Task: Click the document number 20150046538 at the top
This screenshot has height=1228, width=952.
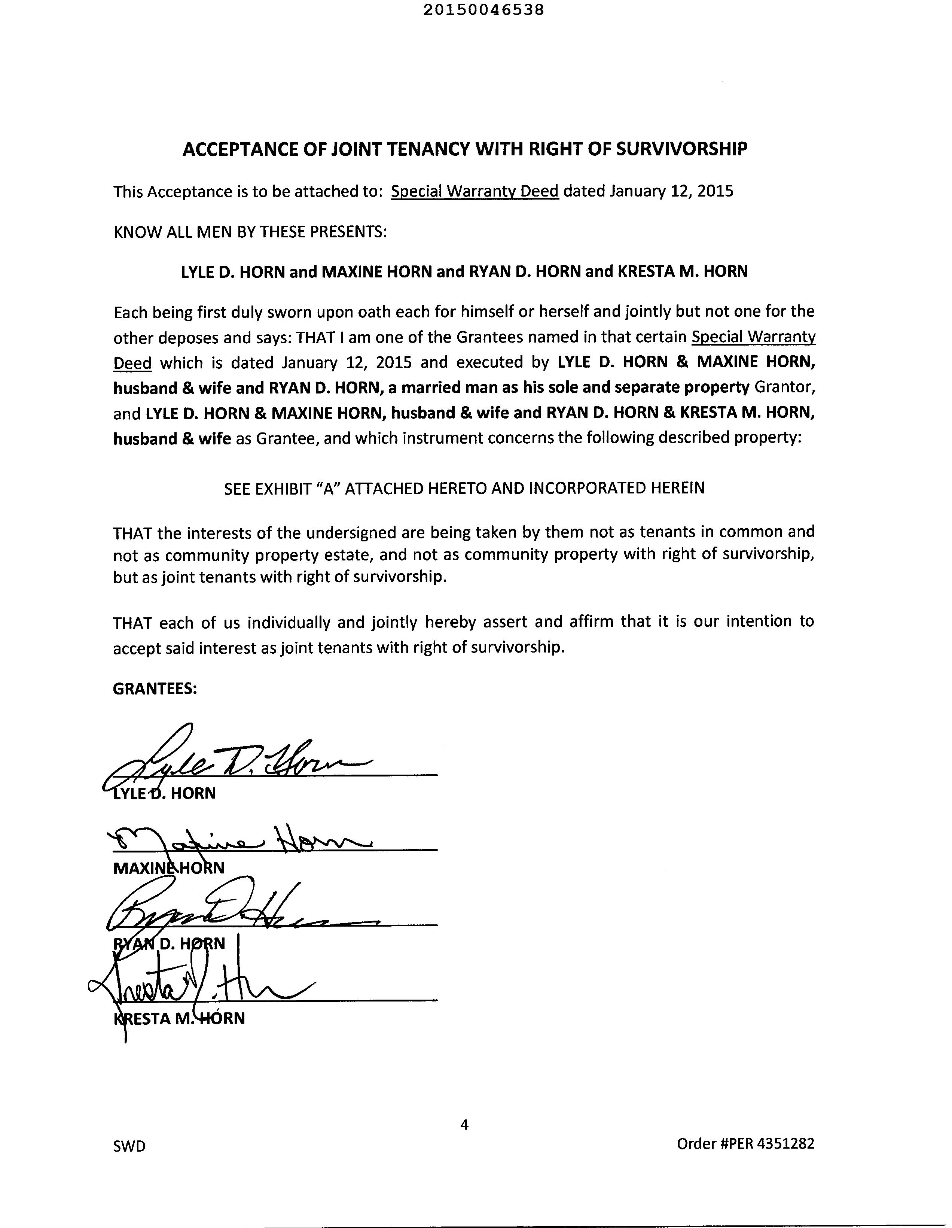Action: (x=475, y=10)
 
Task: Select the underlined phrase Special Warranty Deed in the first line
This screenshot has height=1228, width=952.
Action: (x=475, y=192)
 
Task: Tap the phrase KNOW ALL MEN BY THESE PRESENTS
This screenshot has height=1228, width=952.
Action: (x=250, y=232)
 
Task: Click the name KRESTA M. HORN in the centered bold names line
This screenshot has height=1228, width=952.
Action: (x=683, y=271)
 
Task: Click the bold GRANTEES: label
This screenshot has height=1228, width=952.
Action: (x=155, y=689)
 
